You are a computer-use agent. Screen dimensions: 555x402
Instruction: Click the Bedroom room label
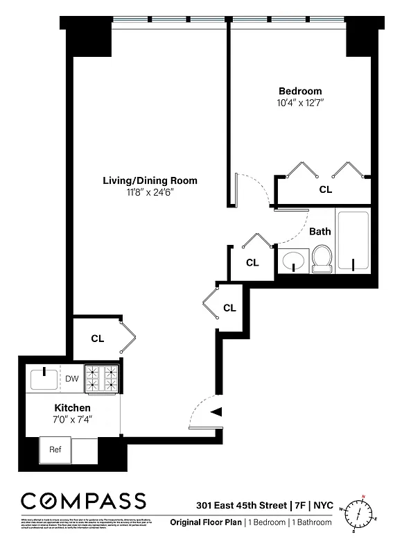(x=300, y=91)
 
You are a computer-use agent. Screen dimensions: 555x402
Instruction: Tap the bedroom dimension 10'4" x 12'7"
(x=301, y=103)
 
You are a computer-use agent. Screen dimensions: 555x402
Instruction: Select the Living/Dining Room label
(x=150, y=180)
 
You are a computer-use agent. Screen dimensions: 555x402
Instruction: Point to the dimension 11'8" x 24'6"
(x=150, y=192)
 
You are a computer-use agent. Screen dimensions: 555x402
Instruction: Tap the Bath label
(x=320, y=232)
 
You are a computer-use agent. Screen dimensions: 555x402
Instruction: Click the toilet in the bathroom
(x=322, y=259)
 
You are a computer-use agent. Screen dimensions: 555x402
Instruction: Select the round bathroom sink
(x=294, y=262)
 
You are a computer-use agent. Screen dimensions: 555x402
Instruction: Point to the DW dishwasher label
(x=72, y=379)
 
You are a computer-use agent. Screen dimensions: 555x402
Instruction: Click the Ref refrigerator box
(x=55, y=449)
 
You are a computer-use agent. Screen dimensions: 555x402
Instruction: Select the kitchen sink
(x=45, y=379)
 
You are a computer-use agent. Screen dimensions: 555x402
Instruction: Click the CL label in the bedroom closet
(x=325, y=189)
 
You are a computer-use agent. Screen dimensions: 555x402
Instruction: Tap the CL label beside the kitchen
(x=98, y=339)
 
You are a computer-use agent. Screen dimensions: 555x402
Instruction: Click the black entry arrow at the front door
(x=216, y=411)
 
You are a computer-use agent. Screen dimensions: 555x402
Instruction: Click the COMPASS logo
(x=83, y=502)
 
